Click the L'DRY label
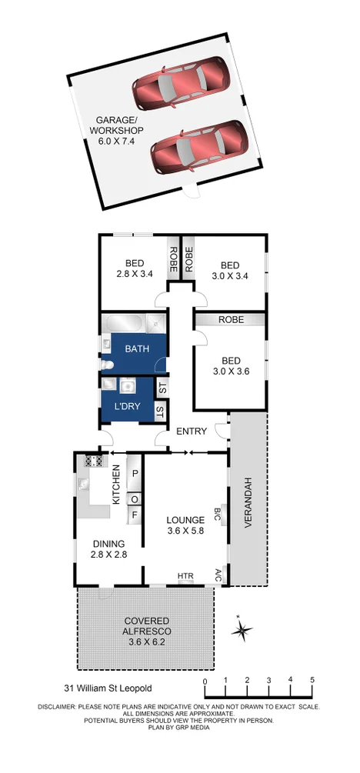click(x=127, y=406)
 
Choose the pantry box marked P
click(x=135, y=475)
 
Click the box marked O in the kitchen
click(x=135, y=498)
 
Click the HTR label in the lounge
click(x=185, y=576)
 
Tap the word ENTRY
click(x=189, y=431)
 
